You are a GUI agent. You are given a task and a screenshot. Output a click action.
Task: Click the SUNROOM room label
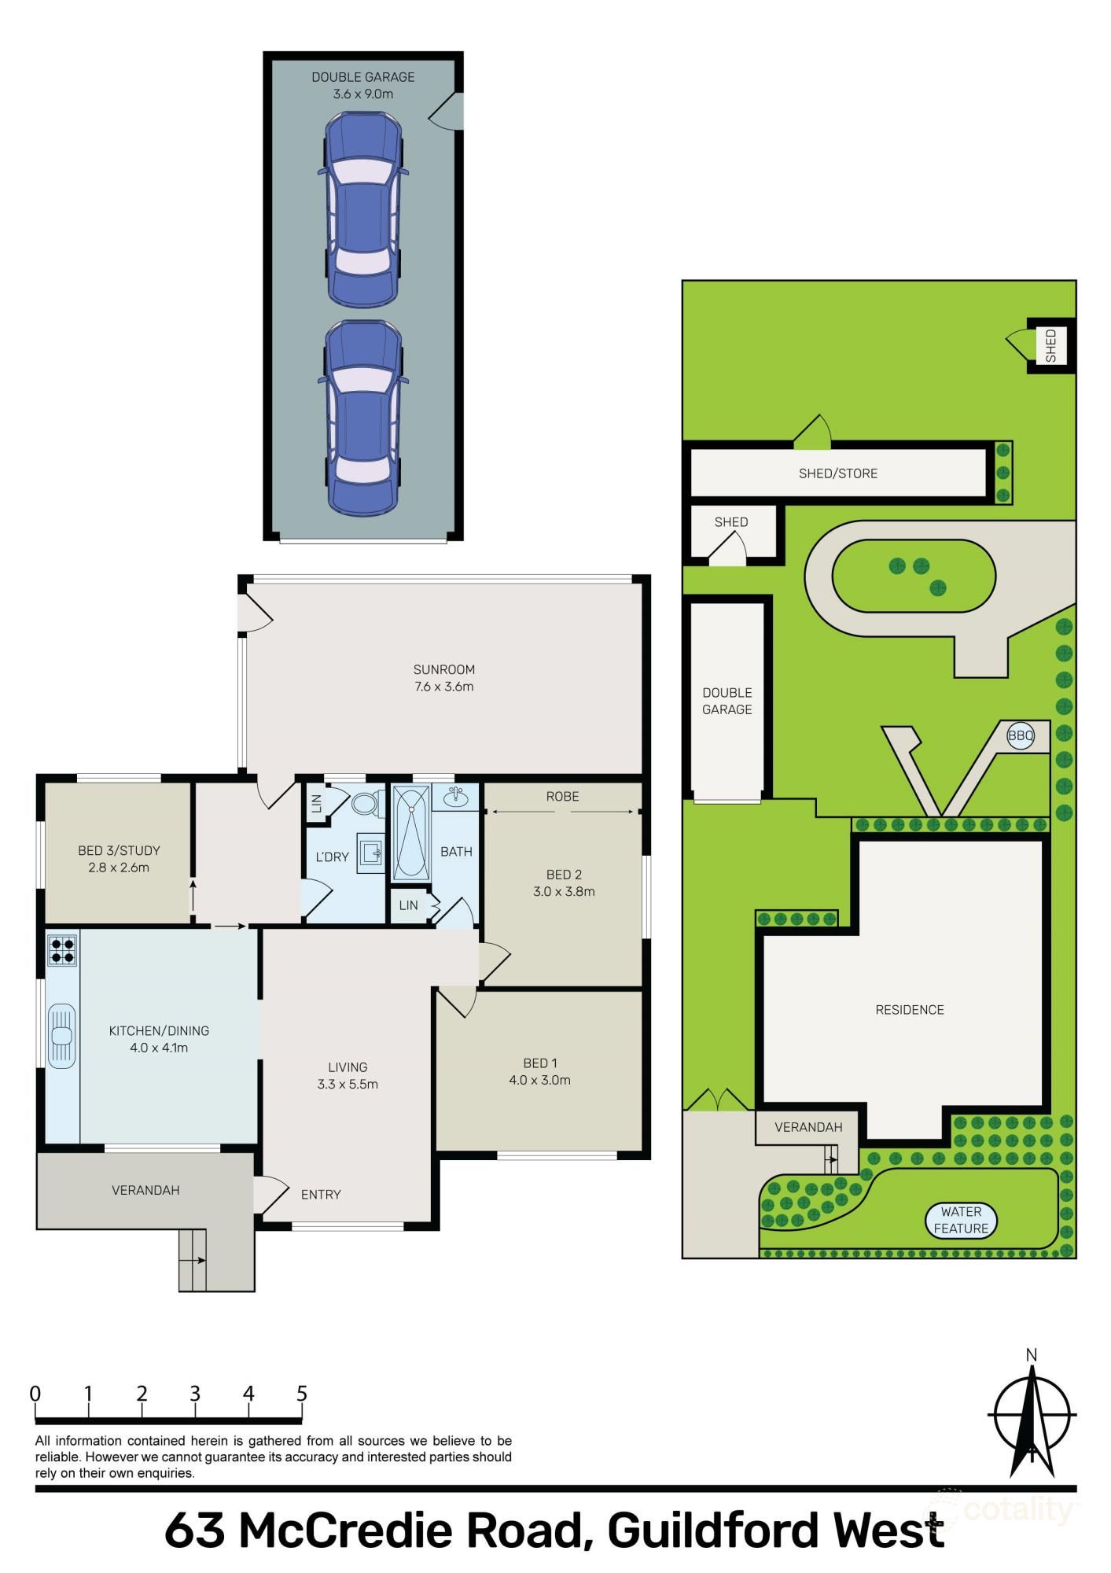pos(443,669)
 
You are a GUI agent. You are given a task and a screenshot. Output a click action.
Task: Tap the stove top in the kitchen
pos(62,950)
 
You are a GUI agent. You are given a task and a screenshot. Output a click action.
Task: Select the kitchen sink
pos(61,1036)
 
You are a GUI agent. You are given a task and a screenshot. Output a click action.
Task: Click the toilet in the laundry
pos(365,804)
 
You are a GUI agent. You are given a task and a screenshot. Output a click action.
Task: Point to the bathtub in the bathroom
pos(410,832)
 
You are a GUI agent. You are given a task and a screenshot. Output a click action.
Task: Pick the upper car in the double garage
pos(363,209)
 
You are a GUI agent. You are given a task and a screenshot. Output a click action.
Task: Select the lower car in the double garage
pos(363,418)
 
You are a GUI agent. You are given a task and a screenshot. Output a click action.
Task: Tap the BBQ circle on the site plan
pos(1021,736)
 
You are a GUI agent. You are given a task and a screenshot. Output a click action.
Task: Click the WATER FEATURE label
pos(961,1220)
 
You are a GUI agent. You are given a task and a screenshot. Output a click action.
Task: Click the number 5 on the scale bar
pos(302,1394)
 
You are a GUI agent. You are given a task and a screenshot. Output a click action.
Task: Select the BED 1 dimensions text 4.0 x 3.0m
pos(539,1080)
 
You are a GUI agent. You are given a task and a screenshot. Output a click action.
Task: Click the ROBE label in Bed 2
pos(562,797)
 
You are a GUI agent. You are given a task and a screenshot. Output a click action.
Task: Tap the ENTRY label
pos(321,1194)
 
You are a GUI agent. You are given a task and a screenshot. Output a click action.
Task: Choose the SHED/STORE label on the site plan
pos(837,473)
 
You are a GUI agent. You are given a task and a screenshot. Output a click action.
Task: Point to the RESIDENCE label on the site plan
pos(910,1009)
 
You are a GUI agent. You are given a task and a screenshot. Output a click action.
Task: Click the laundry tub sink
pos(370,852)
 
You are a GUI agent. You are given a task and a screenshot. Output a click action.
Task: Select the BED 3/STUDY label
pos(119,850)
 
